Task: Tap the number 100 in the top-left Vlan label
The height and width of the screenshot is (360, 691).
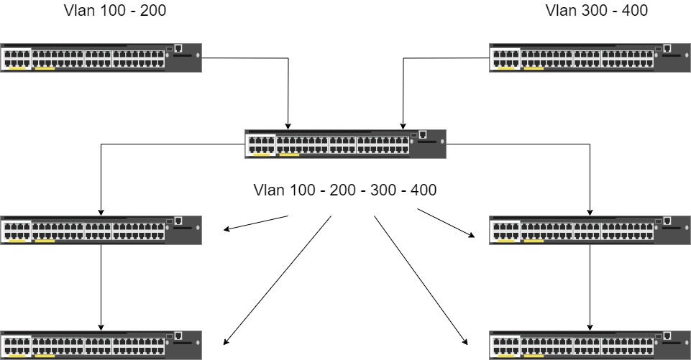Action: click(114, 11)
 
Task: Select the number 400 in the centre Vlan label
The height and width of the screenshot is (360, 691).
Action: click(424, 190)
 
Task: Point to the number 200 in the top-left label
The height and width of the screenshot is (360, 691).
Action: click(153, 11)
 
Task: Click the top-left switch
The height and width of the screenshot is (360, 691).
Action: click(101, 57)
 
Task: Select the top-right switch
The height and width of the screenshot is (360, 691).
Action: click(590, 57)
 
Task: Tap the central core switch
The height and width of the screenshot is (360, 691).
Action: click(345, 144)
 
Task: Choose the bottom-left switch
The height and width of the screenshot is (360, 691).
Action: click(101, 345)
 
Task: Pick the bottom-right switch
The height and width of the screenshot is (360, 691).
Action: click(590, 345)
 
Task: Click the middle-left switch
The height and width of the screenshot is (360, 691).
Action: click(101, 231)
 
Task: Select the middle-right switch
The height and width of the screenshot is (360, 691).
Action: click(590, 231)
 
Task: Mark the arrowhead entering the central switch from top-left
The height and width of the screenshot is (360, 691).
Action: click(288, 126)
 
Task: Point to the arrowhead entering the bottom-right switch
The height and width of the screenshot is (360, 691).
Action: click(590, 328)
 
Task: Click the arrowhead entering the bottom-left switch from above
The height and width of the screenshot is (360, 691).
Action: click(101, 328)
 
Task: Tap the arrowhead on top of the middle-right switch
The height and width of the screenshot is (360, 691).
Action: click(590, 213)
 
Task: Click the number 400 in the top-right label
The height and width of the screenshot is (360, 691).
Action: click(635, 11)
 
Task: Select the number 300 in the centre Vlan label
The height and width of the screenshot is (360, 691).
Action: click(383, 190)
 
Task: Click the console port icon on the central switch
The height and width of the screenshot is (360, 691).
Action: click(423, 134)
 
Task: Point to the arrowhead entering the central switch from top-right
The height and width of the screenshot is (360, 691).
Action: click(403, 126)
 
